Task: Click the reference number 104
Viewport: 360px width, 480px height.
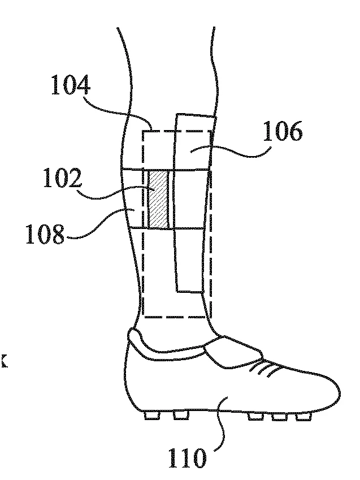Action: click(x=71, y=85)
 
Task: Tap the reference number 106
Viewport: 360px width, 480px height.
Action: click(x=283, y=131)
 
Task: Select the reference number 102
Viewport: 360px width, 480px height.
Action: click(x=63, y=178)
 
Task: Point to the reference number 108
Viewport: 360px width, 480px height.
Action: click(x=45, y=234)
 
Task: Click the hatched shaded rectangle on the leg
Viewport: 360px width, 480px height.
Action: click(x=158, y=200)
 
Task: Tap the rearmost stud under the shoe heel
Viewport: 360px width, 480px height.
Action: click(x=152, y=415)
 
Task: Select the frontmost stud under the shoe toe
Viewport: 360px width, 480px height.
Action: click(x=303, y=416)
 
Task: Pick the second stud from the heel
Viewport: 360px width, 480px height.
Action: click(x=181, y=415)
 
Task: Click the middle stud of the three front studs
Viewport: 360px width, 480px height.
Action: click(x=279, y=416)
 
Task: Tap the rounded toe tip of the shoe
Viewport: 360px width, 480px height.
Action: click(x=339, y=392)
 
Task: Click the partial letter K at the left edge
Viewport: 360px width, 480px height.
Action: click(x=3, y=361)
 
